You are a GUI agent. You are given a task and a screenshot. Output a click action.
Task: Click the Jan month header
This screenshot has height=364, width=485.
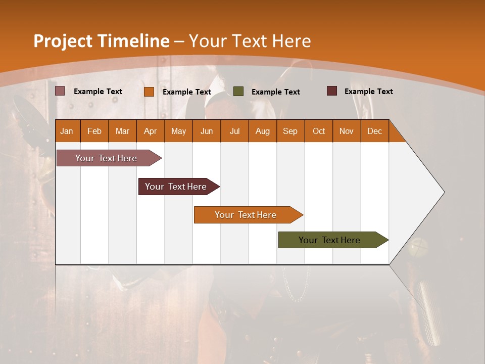(67, 131)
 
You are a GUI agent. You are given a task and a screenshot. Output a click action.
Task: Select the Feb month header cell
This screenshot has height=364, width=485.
(94, 131)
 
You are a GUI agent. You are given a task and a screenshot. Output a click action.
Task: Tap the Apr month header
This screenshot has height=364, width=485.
(150, 131)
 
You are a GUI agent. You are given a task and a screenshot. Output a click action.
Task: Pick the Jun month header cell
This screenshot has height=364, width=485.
(207, 131)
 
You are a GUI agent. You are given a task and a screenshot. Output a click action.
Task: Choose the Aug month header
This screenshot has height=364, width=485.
(262, 131)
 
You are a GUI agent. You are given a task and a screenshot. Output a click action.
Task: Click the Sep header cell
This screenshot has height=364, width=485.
(290, 131)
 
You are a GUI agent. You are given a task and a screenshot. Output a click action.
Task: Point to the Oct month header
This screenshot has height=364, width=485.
(319, 131)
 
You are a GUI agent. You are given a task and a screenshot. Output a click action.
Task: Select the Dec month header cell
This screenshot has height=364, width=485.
(374, 131)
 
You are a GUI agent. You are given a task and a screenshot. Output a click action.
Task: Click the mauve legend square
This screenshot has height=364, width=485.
(60, 91)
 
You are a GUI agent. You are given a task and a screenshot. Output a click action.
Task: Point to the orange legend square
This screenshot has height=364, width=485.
(149, 92)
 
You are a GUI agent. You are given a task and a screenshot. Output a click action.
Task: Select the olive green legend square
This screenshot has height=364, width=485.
(238, 92)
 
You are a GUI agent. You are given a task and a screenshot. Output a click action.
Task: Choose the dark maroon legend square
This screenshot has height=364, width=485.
(332, 91)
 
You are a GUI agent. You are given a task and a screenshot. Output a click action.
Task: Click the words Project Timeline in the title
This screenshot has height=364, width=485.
(101, 41)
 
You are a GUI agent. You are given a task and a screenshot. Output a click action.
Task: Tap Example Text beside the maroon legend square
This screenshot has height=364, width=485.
(368, 92)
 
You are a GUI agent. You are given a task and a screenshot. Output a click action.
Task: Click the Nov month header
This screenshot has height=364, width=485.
(347, 131)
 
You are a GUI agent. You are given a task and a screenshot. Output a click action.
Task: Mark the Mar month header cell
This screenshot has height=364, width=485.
(122, 131)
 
